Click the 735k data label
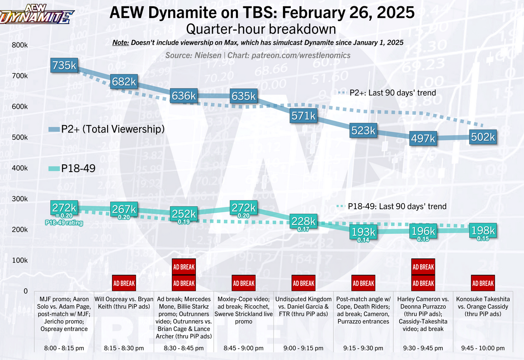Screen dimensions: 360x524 pos(64,65)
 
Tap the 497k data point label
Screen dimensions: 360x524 pos(423,138)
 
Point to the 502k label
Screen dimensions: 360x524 pos(483,137)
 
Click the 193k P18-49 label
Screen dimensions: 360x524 pos(363,232)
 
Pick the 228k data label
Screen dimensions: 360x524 pos(303,221)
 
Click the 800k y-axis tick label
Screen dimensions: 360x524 pos(20,45)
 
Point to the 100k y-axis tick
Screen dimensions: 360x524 pos(20,261)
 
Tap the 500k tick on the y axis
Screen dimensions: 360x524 pos(20,137)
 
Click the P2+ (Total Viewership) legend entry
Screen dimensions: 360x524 pos(107,129)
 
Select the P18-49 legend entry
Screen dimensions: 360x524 pos(75,169)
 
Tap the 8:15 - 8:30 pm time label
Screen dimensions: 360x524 pos(124,348)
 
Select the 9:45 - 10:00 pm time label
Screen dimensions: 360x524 pos(482,348)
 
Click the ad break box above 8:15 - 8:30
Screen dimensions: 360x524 pos(124,283)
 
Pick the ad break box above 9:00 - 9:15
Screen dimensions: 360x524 pos(303,283)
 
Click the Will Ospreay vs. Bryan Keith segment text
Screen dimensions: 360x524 pos(124,304)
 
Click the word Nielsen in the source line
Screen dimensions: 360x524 pos(208,56)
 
